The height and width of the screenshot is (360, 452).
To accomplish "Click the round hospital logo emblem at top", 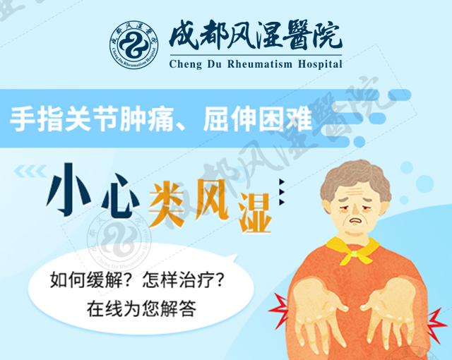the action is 133,45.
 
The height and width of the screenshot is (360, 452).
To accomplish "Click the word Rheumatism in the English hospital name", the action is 260,64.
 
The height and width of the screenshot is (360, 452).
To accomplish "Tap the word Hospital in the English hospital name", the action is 320,64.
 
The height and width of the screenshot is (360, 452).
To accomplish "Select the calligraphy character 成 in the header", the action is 184,35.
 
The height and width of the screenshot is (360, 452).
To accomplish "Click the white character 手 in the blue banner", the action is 22,119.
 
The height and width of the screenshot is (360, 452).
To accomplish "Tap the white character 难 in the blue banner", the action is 299,119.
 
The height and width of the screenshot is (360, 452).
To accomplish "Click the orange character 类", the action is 167,203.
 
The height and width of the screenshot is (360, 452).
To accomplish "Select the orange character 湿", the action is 255,212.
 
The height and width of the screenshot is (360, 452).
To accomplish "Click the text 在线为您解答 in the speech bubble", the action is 141,308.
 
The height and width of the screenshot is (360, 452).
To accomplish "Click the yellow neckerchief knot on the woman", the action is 353,254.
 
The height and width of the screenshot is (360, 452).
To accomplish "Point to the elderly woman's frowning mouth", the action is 356,221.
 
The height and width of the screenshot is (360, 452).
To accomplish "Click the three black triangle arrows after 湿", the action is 282,191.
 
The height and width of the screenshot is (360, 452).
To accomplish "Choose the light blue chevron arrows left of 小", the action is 30,172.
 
